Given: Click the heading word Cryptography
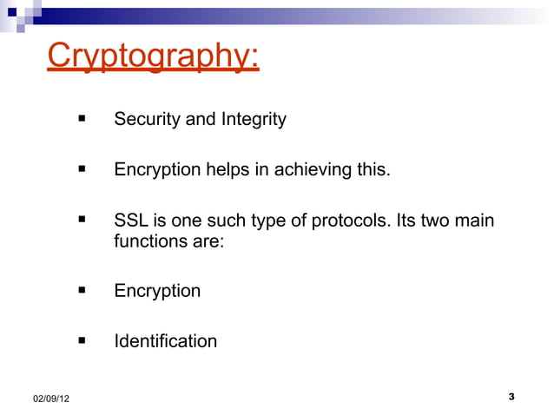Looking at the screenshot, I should (153, 56).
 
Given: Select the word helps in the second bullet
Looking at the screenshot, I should (226, 169).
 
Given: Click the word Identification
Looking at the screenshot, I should (165, 341).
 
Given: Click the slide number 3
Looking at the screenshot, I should (511, 397).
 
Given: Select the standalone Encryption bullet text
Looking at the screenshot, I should (157, 291).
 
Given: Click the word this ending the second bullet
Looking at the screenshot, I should (373, 169).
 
